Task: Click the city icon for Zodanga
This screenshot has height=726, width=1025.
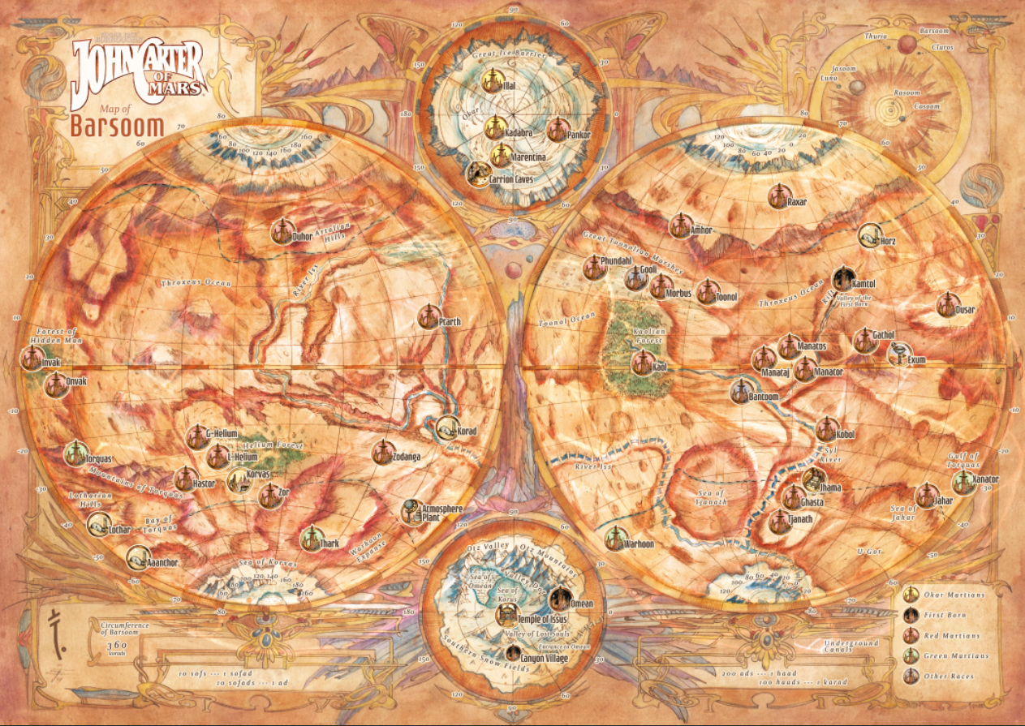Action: (x=382, y=452)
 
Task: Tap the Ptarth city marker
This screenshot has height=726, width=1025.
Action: (x=429, y=317)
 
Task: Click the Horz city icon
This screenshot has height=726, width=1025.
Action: (x=869, y=235)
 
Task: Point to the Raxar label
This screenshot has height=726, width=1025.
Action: (x=797, y=201)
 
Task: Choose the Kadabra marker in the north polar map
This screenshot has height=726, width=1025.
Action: (x=494, y=127)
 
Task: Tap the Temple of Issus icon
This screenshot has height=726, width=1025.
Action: (x=506, y=614)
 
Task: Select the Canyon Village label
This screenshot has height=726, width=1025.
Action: (x=545, y=658)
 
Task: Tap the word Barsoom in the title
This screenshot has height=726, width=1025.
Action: (x=117, y=127)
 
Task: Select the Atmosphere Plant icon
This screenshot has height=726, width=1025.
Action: (x=411, y=510)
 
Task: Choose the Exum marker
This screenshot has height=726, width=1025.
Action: (x=898, y=354)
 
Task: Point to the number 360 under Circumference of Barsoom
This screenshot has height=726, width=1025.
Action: (x=116, y=644)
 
